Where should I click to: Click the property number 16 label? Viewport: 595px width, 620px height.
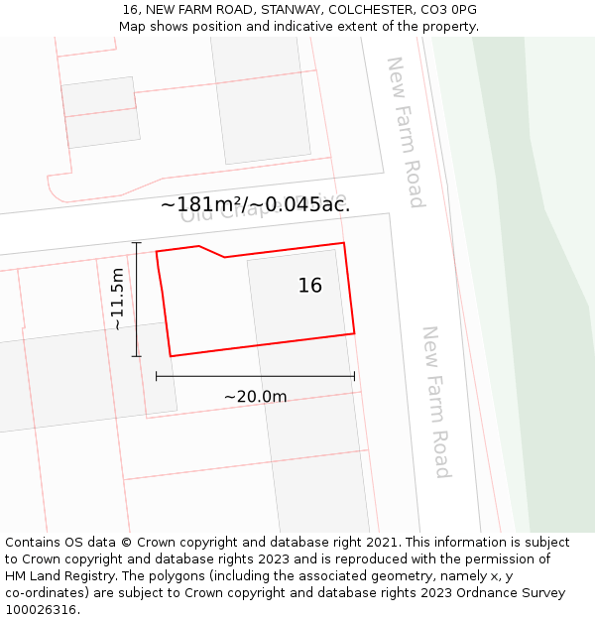[310, 286]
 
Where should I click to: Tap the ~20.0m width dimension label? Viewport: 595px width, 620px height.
[255, 397]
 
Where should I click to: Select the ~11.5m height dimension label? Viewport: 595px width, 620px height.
[117, 299]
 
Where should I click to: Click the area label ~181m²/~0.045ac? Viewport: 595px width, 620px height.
[255, 204]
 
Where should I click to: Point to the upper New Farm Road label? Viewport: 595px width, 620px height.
[405, 132]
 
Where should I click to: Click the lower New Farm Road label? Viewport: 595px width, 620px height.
[436, 402]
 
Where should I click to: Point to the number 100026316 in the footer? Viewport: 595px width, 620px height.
[40, 610]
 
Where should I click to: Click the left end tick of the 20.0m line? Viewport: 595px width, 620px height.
[157, 376]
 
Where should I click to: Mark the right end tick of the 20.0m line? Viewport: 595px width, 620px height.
[354, 376]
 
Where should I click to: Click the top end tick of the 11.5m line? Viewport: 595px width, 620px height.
[137, 242]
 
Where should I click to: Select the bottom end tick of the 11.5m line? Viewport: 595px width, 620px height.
[137, 355]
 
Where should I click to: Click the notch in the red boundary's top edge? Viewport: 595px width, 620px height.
[223, 257]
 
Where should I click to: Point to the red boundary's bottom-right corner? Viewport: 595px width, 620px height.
[354, 333]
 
